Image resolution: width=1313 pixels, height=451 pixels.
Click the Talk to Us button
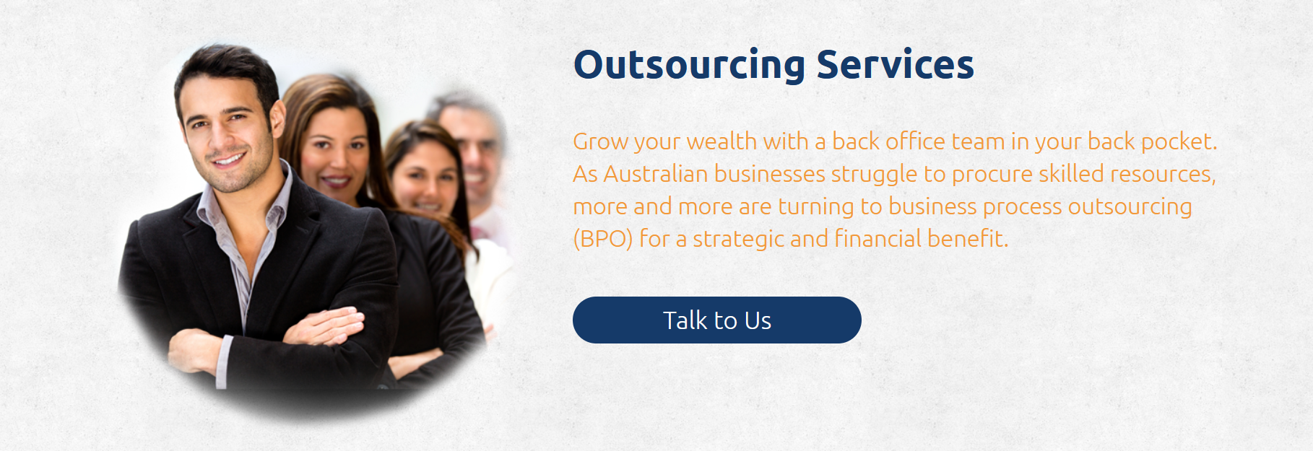pos(716,320)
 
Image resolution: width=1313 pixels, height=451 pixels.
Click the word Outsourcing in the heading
pos(689,65)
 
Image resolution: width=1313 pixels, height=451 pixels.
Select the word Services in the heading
pos(895,64)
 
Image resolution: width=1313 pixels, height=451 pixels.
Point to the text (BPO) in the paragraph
pos(602,239)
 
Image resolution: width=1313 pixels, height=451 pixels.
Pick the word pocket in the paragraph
pos(1178,141)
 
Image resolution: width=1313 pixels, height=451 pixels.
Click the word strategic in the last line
pos(738,239)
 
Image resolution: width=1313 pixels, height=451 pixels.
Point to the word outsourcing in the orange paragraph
pos(1130,207)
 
